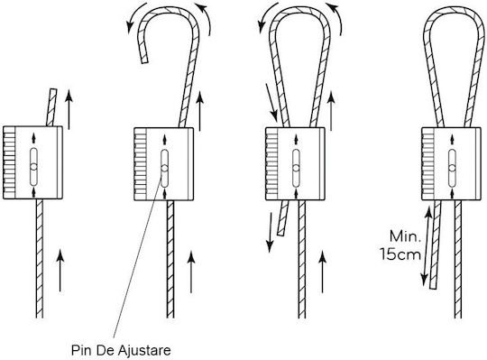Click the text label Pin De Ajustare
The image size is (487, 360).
click(x=121, y=350)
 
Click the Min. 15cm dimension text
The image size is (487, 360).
click(x=400, y=245)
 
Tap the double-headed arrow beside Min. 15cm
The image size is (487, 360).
click(x=427, y=246)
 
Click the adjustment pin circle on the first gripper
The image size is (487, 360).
click(x=33, y=167)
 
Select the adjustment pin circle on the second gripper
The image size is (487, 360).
click(x=165, y=169)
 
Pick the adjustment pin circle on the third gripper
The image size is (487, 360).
click(x=296, y=168)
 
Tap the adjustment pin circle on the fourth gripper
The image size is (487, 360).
click(x=452, y=168)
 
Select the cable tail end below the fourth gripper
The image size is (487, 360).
click(x=433, y=287)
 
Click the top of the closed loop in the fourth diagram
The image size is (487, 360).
click(x=453, y=9)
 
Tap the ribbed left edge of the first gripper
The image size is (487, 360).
click(x=9, y=162)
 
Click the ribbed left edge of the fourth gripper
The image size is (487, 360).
click(x=427, y=163)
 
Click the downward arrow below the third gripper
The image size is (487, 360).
click(x=271, y=233)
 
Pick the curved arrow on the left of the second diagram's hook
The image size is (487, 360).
click(x=135, y=16)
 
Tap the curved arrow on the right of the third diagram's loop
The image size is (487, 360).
click(x=336, y=18)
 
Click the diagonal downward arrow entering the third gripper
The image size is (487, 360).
click(x=271, y=103)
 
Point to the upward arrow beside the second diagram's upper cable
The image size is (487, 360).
click(x=200, y=111)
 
